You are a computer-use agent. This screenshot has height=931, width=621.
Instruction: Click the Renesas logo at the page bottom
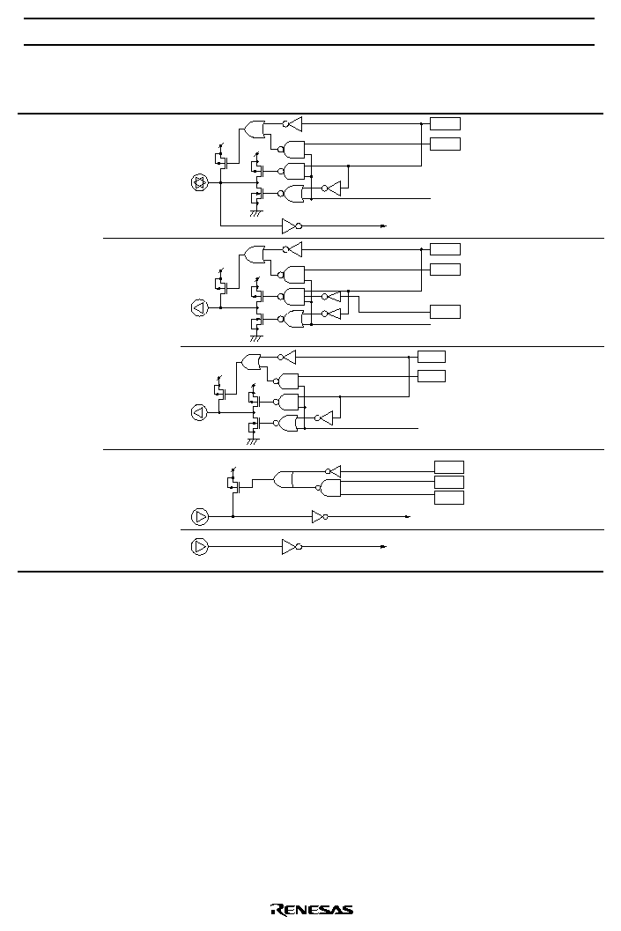pos(312,910)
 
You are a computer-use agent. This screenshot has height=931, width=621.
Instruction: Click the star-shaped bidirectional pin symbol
pos(199,183)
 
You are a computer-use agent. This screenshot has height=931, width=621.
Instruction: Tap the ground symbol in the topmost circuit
pos(255,212)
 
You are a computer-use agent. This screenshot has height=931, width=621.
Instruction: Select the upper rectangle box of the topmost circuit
pos(445,124)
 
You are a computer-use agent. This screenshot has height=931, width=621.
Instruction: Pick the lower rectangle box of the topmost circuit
pos(445,144)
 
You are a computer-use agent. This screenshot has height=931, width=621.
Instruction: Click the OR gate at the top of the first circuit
pos(255,129)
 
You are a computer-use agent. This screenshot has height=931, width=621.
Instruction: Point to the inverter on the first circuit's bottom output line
pos(292,225)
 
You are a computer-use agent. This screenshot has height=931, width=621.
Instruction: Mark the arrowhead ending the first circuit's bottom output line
pos(384,225)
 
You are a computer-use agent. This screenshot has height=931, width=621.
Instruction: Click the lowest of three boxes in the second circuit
pos(445,312)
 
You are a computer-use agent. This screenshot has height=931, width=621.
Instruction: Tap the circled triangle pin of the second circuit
pos(199,308)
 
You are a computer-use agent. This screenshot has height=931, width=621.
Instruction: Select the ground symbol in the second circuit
pos(255,338)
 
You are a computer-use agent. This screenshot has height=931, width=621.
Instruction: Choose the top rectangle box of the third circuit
pos(432,356)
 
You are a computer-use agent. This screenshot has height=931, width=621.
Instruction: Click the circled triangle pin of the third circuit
pos(199,412)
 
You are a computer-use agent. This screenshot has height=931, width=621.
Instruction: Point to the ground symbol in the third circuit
pos(253,441)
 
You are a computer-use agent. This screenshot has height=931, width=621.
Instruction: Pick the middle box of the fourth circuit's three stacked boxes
pos(449,482)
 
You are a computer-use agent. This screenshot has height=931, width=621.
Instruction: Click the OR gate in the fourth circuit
pos(283,479)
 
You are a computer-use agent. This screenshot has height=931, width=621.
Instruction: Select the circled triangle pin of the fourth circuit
pos(200,516)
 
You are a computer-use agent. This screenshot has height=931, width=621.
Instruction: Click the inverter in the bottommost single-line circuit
pos(292,546)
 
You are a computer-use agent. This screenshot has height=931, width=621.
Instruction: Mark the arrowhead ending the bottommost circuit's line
pos(384,546)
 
